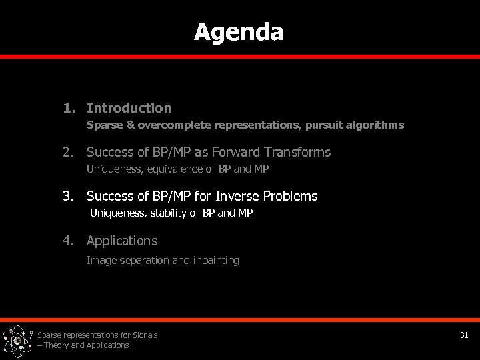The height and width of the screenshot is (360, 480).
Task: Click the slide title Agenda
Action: pyautogui.click(x=239, y=31)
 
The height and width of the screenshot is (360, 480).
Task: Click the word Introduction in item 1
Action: pyautogui.click(x=129, y=107)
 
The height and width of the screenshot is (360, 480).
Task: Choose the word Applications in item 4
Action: pyautogui.click(x=122, y=240)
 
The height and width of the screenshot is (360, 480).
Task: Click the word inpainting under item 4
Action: pyautogui.click(x=215, y=260)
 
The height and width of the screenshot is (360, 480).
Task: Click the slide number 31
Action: pyautogui.click(x=464, y=335)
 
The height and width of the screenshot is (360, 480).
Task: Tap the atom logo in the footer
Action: pyautogui.click(x=17, y=341)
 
